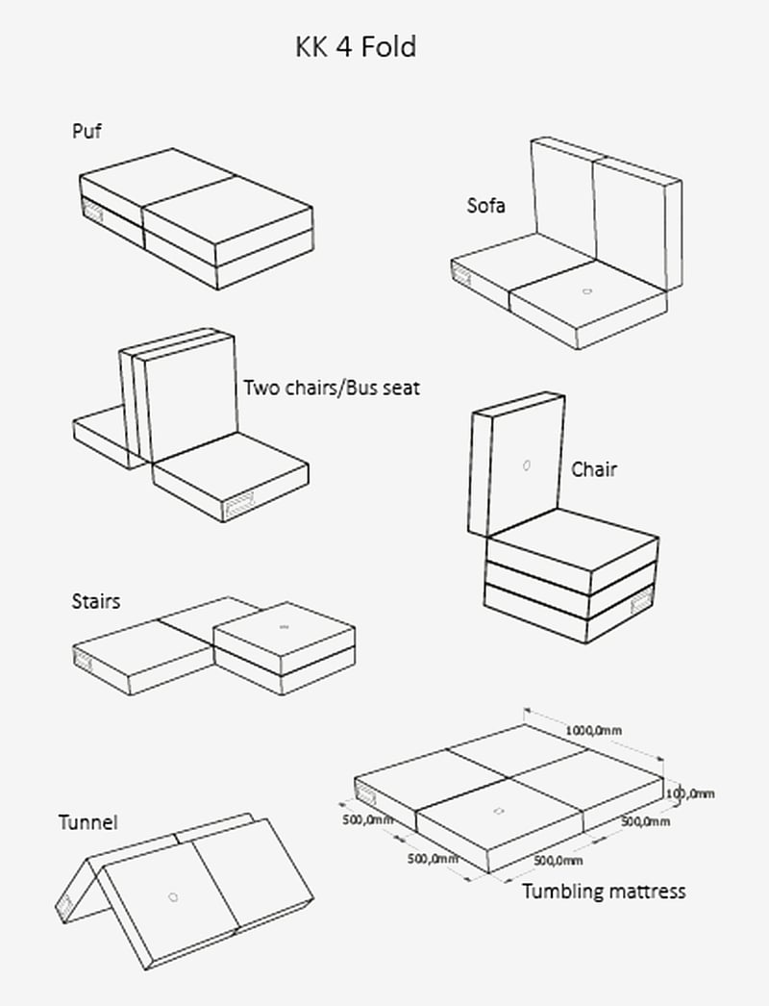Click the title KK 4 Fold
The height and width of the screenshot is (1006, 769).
click(356, 47)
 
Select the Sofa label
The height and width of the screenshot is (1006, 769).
click(485, 205)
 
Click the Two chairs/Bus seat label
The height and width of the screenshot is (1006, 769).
click(331, 389)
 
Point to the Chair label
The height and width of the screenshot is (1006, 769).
click(594, 469)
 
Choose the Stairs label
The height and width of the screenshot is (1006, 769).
click(96, 602)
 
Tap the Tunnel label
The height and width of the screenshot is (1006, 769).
click(87, 822)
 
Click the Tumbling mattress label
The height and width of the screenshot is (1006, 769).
click(604, 892)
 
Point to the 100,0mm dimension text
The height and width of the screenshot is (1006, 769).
click(691, 793)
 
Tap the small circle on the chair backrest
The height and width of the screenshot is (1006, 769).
click(526, 466)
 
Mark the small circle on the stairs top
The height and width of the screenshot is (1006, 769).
click(284, 626)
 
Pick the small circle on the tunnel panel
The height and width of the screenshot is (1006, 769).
click(173, 896)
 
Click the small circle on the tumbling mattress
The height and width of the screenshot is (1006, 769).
click(497, 813)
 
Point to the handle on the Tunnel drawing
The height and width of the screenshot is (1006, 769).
click(63, 905)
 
